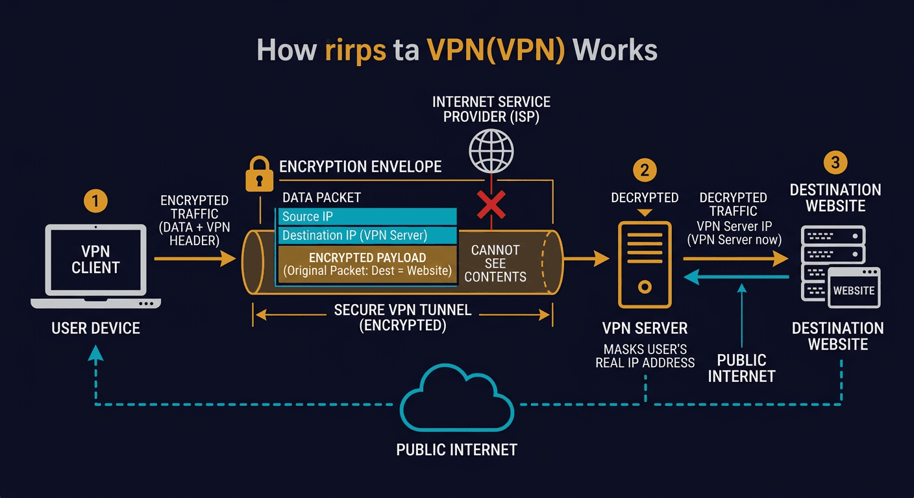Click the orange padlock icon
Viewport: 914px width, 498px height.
click(x=259, y=174)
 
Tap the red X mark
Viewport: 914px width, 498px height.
click(x=491, y=204)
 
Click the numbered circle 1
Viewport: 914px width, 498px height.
click(x=95, y=202)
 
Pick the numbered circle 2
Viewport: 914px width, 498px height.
click(x=644, y=170)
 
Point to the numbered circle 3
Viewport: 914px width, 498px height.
click(x=835, y=162)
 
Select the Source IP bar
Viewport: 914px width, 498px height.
click(x=367, y=217)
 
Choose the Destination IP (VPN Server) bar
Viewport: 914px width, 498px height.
click(x=367, y=235)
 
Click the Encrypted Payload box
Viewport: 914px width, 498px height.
click(x=367, y=264)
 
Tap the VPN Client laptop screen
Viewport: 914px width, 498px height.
click(x=95, y=259)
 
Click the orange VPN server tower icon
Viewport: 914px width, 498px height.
click(x=645, y=264)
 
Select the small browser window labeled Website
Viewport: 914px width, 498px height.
click(x=854, y=290)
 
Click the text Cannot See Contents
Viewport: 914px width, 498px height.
click(x=495, y=263)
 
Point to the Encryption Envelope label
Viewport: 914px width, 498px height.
click(x=360, y=167)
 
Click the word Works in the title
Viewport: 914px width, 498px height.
click(x=615, y=51)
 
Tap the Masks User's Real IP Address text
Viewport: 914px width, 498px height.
click(x=645, y=356)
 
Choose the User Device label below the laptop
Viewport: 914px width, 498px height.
click(x=95, y=328)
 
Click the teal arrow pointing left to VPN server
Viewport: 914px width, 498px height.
click(x=734, y=277)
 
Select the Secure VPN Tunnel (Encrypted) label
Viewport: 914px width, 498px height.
click(x=402, y=317)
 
